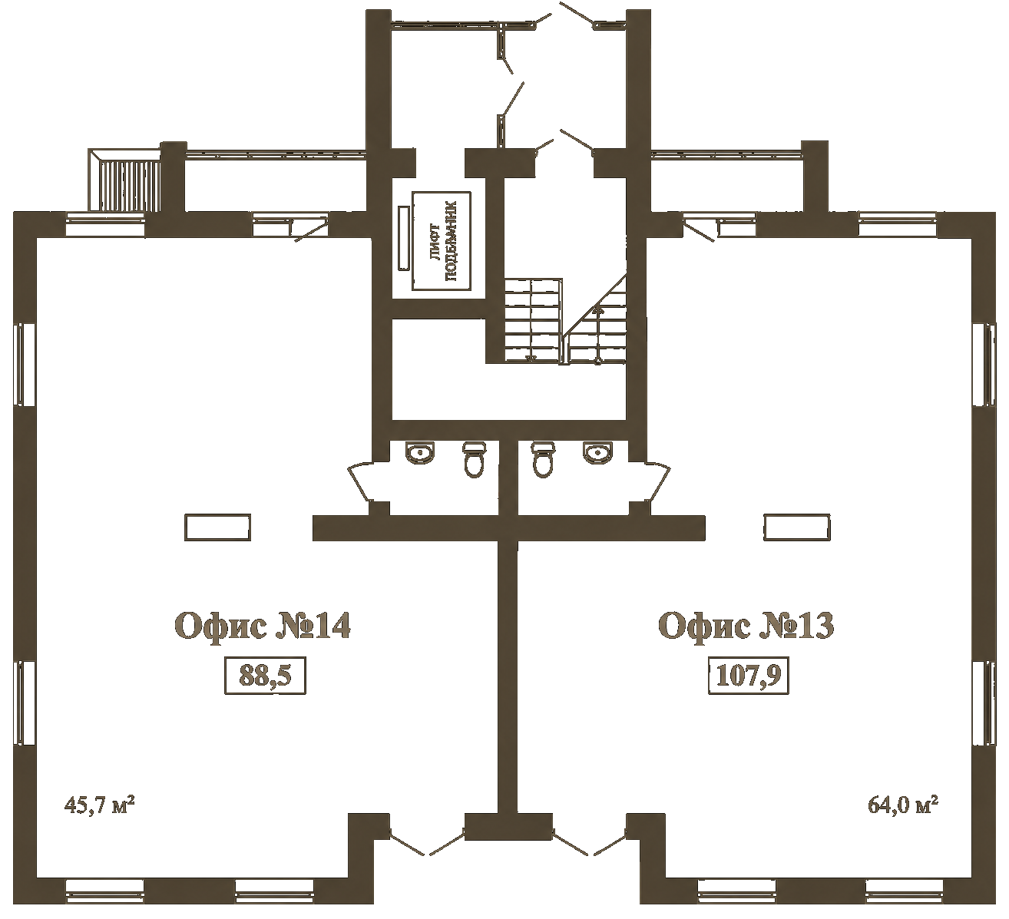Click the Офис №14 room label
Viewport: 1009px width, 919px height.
262,626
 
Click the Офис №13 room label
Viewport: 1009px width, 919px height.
746,626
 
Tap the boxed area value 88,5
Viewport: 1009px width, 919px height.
265,676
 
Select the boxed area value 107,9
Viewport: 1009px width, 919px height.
749,676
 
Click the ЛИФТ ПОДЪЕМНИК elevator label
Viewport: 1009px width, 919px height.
442,241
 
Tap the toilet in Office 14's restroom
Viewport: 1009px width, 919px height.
474,459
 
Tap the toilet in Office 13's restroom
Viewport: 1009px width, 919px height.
543,459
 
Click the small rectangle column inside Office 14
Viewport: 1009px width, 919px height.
218,527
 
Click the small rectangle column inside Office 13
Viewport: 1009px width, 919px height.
797,527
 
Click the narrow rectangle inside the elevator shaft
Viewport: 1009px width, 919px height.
404,238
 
